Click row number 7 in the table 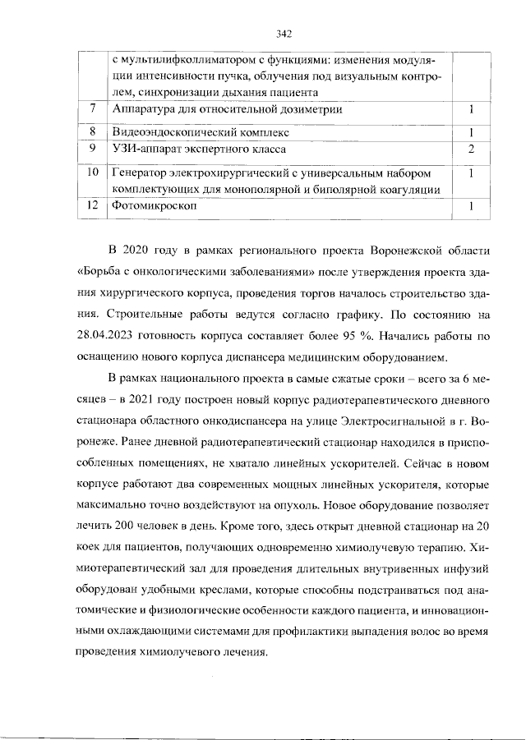(93, 108)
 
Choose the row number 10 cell (93, 173)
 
